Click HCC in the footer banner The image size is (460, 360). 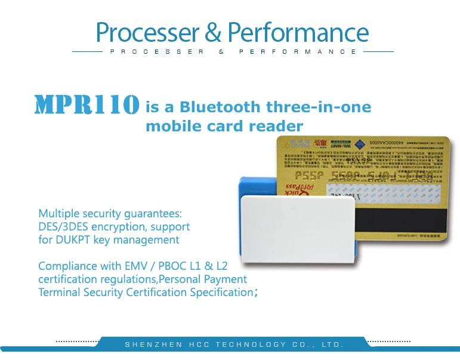[199, 345]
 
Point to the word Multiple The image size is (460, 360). [57, 214]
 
